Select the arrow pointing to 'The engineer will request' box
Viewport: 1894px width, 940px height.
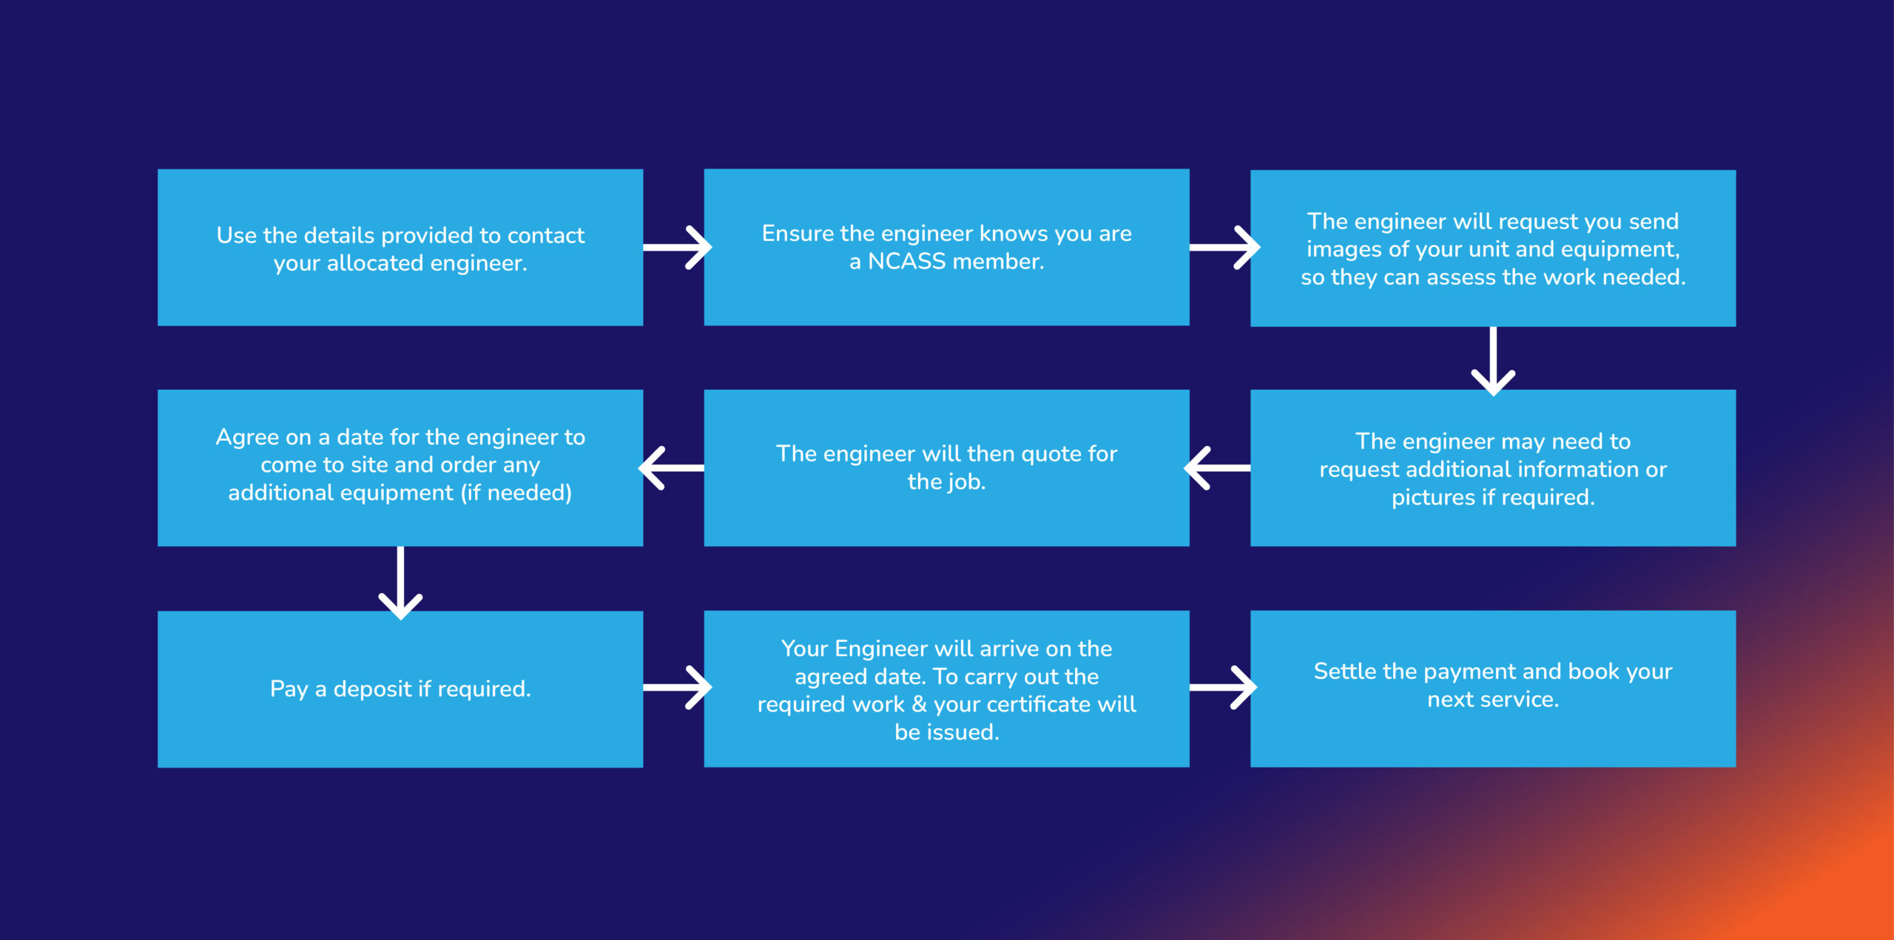(x=1224, y=247)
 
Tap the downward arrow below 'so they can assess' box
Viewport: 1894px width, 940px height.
(x=1493, y=361)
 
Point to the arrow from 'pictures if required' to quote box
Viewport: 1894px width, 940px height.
(x=1218, y=467)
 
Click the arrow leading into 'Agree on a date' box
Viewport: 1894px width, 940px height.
(x=672, y=467)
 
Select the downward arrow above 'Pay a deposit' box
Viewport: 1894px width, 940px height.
(x=400, y=583)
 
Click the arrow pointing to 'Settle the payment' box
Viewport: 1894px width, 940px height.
(x=1223, y=688)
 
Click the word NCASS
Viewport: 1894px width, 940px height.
(x=906, y=261)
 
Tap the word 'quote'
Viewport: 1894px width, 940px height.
(x=1051, y=455)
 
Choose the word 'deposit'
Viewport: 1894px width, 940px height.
(x=373, y=690)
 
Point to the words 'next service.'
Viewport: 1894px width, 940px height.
(x=1493, y=700)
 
